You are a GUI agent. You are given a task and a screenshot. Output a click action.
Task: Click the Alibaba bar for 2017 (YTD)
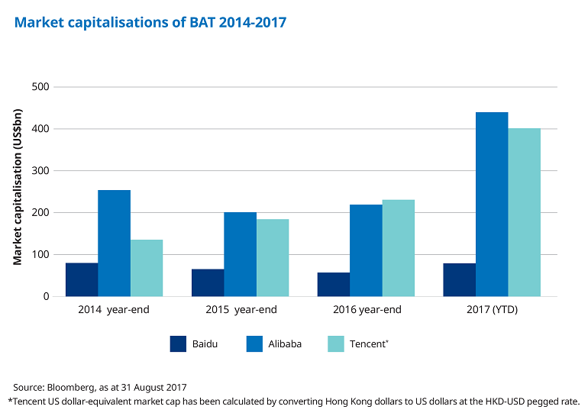click(x=492, y=205)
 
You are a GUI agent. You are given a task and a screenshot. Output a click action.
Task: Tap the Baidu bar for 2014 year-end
click(x=82, y=279)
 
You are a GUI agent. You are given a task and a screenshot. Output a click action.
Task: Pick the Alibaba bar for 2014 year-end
click(x=114, y=243)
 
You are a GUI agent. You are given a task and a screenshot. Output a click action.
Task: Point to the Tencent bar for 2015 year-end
click(x=273, y=258)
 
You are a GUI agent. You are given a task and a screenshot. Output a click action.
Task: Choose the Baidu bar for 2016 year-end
click(x=334, y=285)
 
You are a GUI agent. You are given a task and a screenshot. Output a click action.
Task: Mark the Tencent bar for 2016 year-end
click(x=399, y=248)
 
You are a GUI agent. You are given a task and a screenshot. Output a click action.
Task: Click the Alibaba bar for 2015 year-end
click(x=240, y=254)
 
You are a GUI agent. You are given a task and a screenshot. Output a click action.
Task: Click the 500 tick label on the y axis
click(x=40, y=87)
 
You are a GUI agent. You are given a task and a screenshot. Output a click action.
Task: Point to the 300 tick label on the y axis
click(x=40, y=171)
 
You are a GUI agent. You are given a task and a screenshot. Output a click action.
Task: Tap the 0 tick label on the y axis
click(x=46, y=297)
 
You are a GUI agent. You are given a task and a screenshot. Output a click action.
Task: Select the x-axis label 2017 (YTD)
click(x=492, y=311)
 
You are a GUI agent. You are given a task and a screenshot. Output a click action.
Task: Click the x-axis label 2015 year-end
click(x=241, y=311)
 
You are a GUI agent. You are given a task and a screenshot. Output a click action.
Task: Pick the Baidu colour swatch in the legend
click(x=178, y=344)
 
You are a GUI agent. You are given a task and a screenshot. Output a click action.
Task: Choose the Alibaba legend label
click(x=285, y=344)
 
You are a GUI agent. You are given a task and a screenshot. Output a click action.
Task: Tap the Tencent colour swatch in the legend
click(x=336, y=344)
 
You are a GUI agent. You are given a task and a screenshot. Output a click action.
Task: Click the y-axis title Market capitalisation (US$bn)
click(x=18, y=188)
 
